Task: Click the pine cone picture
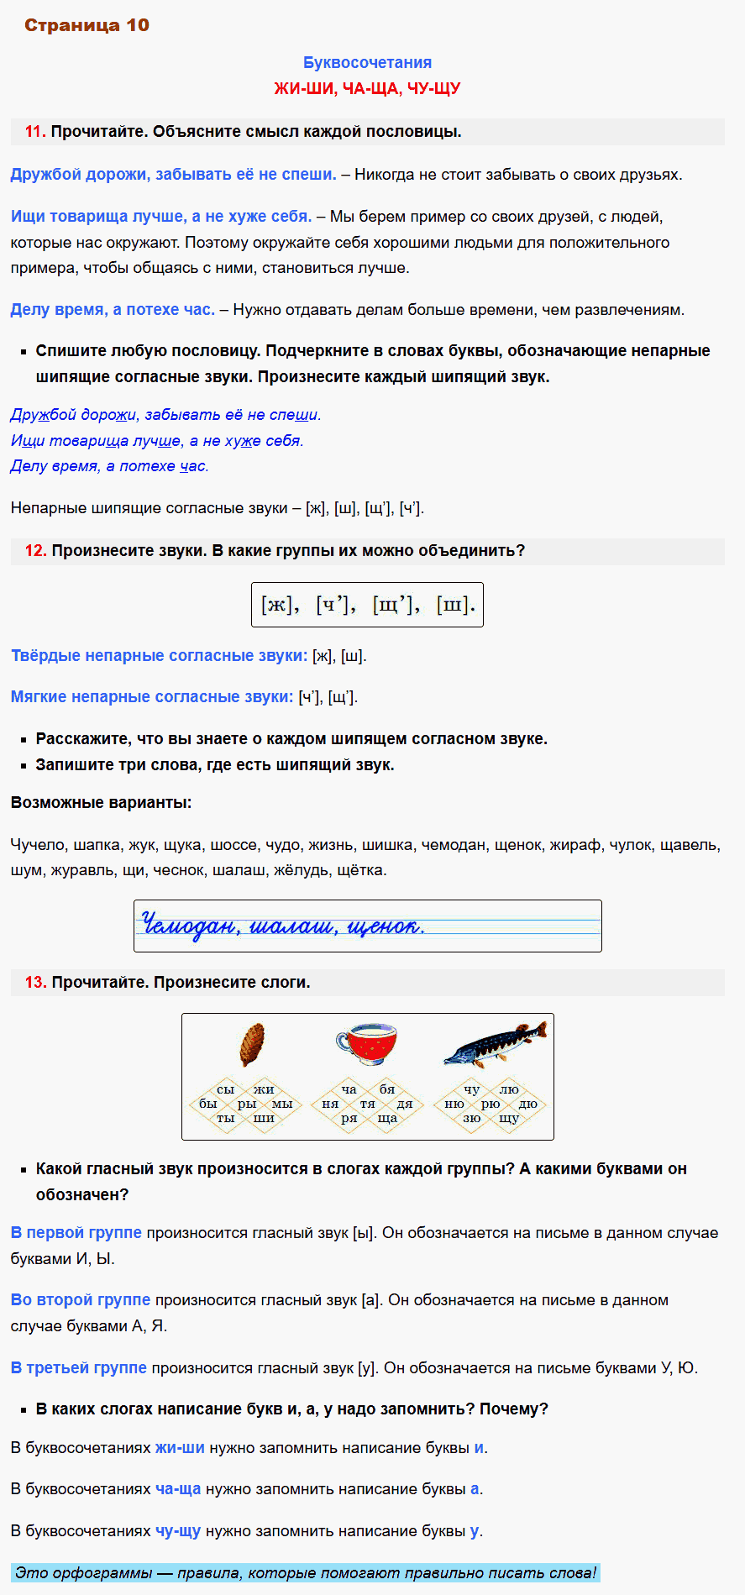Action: coord(252,1044)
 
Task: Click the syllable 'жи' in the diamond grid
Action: coord(264,1089)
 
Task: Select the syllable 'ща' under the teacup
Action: coord(387,1118)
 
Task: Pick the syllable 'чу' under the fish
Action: coord(472,1089)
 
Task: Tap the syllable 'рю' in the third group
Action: coord(491,1104)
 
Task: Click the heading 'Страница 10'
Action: coord(87,25)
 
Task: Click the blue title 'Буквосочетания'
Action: coord(367,62)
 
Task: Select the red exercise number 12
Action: coord(35,551)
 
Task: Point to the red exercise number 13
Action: coord(35,983)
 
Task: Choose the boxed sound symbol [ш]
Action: coord(455,605)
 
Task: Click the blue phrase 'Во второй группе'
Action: coord(81,1299)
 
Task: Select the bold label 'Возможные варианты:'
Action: coord(101,803)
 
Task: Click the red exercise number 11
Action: coord(34,132)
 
